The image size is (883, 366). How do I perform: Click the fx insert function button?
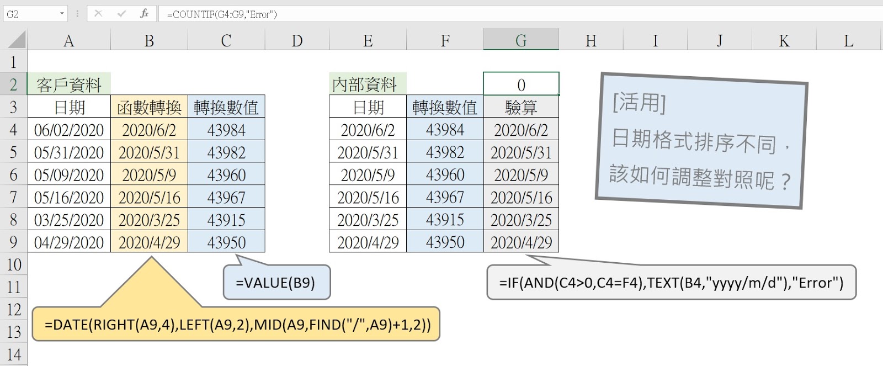coord(144,14)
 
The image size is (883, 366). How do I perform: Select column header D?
coord(297,41)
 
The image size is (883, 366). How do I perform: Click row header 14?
coord(13,354)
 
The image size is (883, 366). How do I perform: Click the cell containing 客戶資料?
coord(69,84)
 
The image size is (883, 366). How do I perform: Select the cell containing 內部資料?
coord(365,84)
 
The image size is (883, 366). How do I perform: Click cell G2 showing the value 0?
coord(521,84)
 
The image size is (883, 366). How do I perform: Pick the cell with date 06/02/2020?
coord(69,130)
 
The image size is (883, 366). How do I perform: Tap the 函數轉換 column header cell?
coord(149,107)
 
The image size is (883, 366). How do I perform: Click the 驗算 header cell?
coord(521,107)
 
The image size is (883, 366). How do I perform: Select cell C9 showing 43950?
coord(226,242)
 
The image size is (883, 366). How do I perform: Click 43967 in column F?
coord(445,197)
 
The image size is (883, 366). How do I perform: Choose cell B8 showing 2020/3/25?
coord(149,220)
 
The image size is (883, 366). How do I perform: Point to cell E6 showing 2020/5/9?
coord(368,175)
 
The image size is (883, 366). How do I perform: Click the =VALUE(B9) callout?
coord(276,283)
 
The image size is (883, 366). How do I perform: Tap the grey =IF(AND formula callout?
coord(671,283)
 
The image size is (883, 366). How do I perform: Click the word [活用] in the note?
coord(639,103)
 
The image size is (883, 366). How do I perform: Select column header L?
coord(848,41)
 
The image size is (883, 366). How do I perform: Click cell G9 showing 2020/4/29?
coord(521,242)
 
